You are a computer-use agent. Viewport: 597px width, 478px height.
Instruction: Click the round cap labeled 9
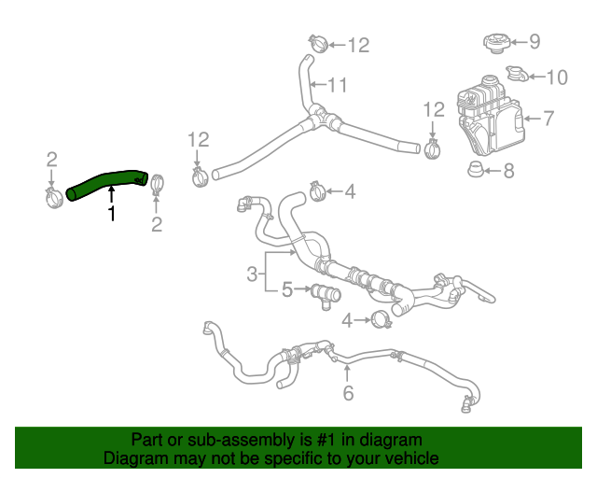498,43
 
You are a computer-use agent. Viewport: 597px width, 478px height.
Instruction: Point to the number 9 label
535,41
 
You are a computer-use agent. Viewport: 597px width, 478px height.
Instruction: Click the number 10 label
556,77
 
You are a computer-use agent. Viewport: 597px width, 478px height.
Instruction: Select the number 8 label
508,171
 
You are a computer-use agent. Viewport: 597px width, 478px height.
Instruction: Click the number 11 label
337,86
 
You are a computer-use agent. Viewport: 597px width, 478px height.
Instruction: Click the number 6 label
348,393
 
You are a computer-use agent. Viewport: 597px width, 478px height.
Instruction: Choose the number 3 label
252,274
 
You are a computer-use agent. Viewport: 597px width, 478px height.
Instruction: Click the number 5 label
288,290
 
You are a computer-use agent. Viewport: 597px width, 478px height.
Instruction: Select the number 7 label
548,119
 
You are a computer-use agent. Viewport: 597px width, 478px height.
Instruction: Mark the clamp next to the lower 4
380,321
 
